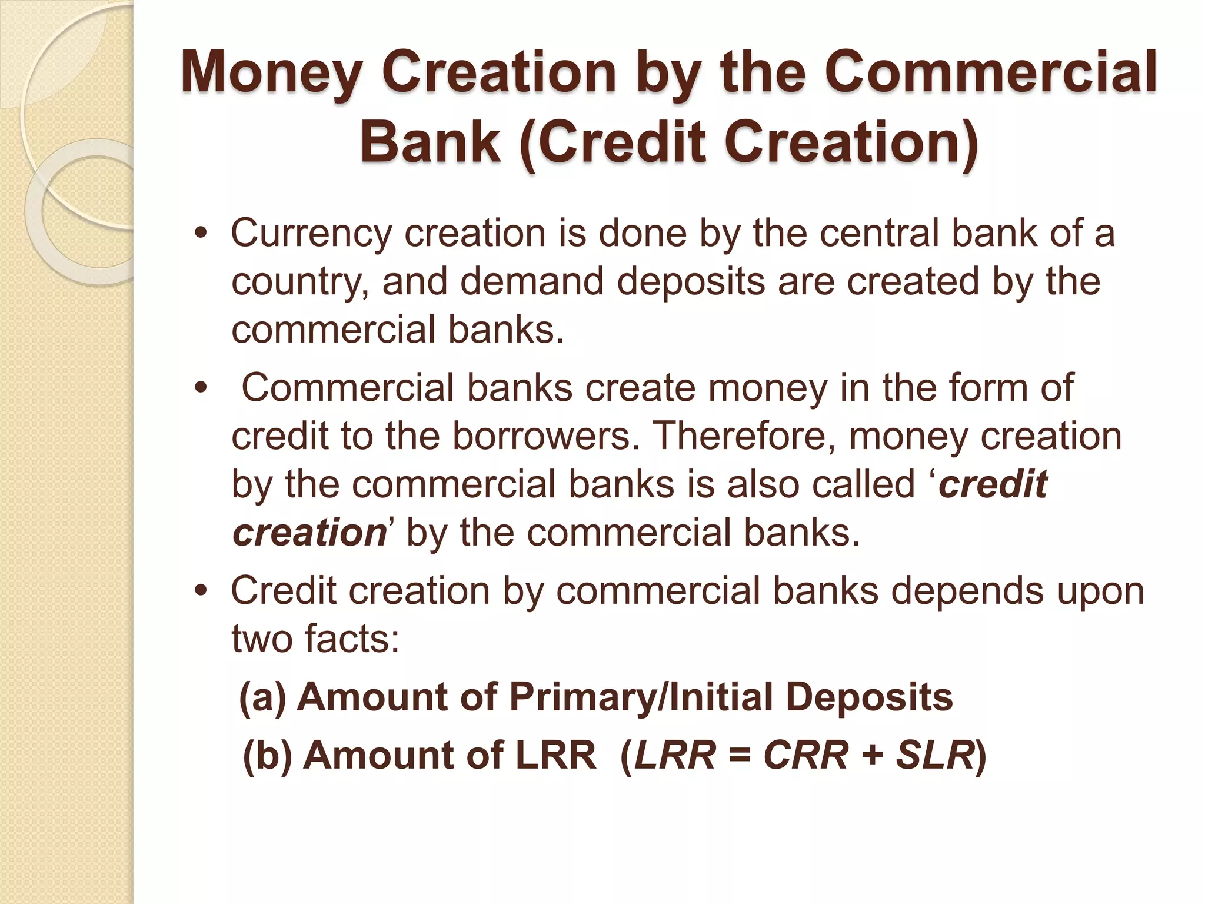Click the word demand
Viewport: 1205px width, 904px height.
pos(532,281)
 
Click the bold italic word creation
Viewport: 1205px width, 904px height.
pos(309,533)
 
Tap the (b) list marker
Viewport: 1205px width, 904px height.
pos(267,755)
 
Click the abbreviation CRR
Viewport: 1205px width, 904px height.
pos(805,755)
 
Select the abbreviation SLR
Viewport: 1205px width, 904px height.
pos(935,755)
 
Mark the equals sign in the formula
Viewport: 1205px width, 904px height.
pos(740,756)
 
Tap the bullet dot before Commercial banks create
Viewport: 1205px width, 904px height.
pos(201,388)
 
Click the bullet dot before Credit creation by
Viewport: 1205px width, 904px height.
pos(201,591)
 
